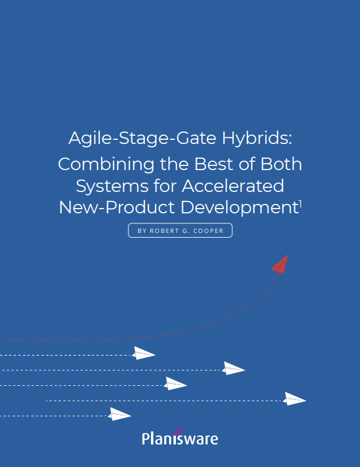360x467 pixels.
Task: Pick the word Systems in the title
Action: click(x=108, y=186)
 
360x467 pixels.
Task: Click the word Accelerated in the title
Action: click(x=233, y=186)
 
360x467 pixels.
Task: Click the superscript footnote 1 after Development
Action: click(x=300, y=203)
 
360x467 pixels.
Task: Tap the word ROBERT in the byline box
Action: click(x=164, y=231)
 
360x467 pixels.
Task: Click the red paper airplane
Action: click(x=280, y=264)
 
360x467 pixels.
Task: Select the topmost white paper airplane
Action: click(x=144, y=353)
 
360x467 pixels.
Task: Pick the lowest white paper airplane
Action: click(x=120, y=414)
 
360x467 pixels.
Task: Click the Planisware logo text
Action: click(x=180, y=439)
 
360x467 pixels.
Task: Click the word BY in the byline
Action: click(x=142, y=231)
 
